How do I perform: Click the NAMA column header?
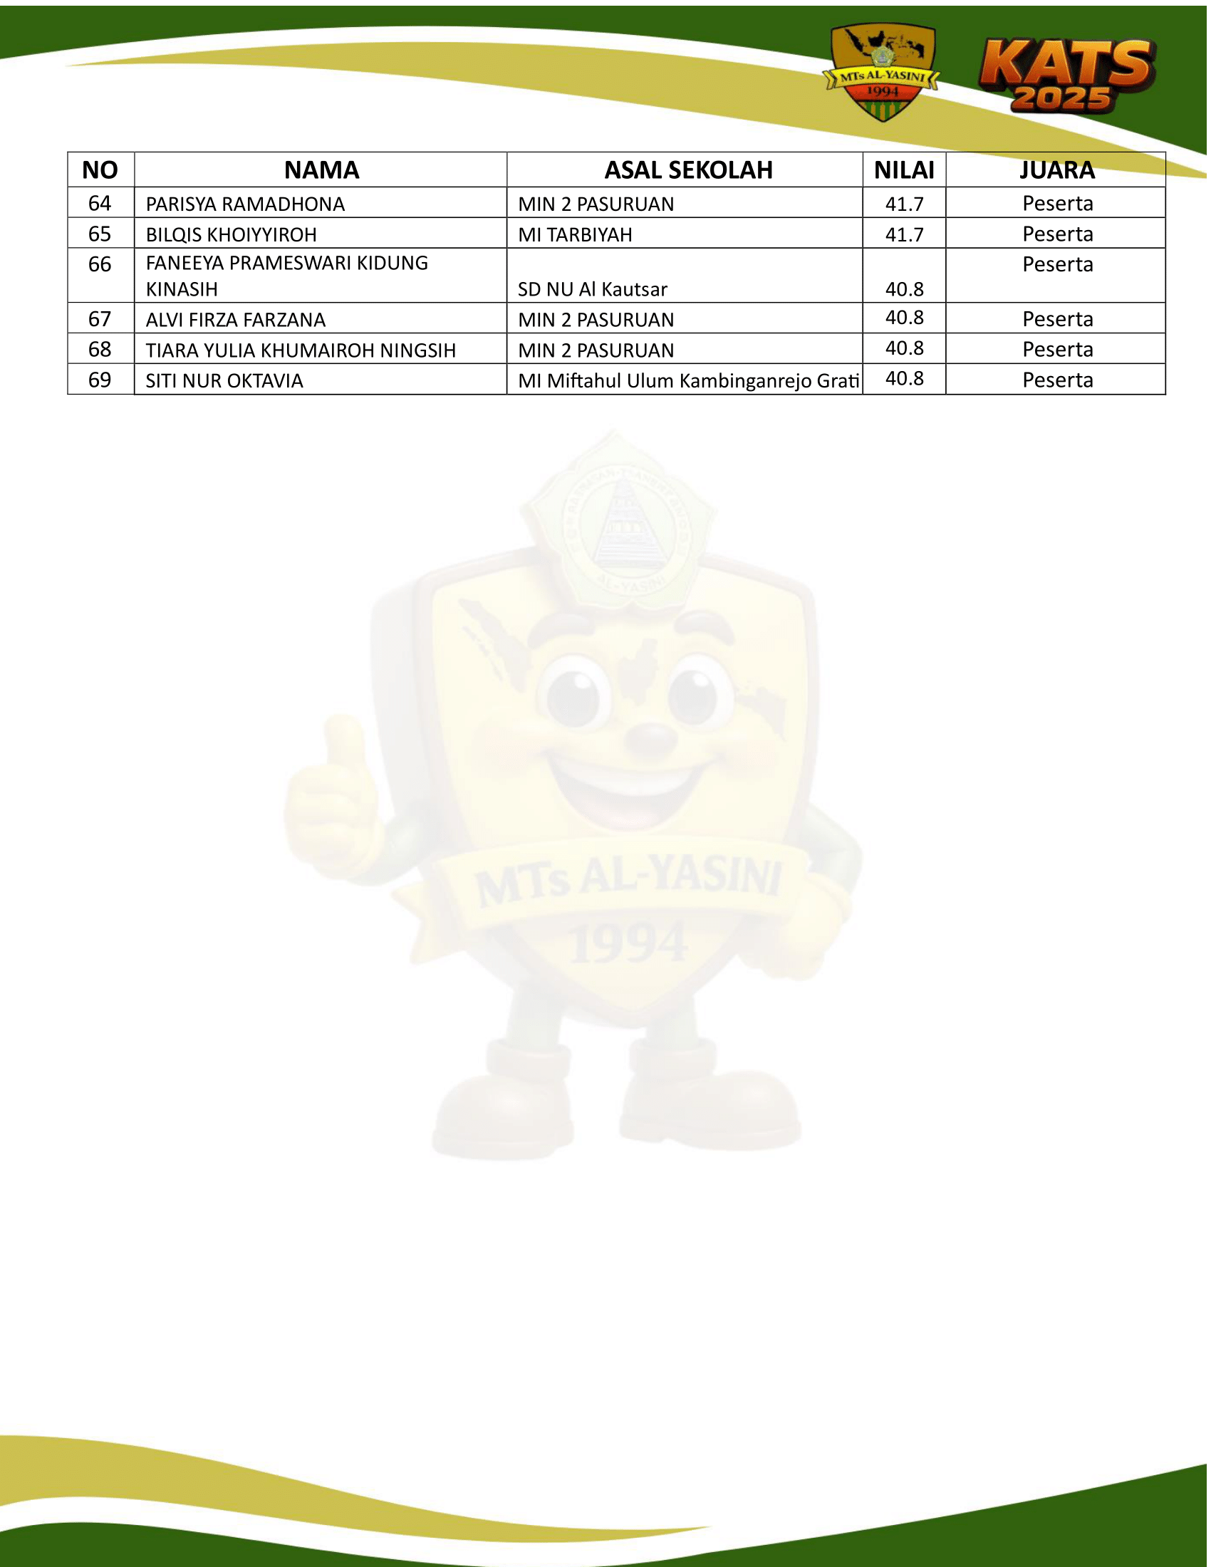click(x=321, y=170)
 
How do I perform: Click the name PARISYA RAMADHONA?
click(x=245, y=204)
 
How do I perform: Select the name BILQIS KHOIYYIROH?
click(x=231, y=235)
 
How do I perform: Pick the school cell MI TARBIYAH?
click(x=575, y=235)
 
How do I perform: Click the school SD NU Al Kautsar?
click(x=593, y=289)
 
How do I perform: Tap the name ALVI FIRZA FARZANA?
click(x=235, y=320)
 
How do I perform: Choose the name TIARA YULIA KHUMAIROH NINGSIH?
click(x=301, y=350)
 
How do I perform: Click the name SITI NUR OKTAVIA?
click(x=224, y=381)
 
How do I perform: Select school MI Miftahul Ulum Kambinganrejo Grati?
click(x=688, y=381)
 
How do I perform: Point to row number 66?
click(x=100, y=265)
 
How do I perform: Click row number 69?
click(x=100, y=380)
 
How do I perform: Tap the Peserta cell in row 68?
click(x=1057, y=350)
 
